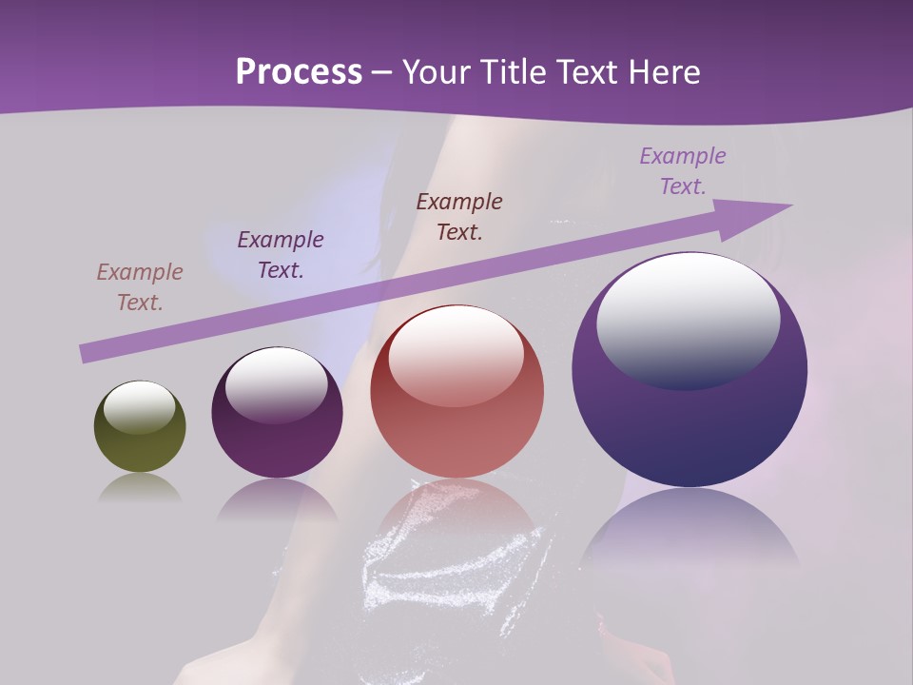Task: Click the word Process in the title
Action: (299, 72)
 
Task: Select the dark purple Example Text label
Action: (281, 255)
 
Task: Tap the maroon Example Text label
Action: (459, 216)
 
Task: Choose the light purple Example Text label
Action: (683, 171)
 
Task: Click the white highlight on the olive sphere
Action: (140, 407)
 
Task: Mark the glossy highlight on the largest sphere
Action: (689, 320)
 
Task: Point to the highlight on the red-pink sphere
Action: (456, 355)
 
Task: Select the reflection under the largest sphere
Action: (690, 533)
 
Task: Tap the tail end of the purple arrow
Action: (86, 354)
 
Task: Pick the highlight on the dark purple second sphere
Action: (277, 386)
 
